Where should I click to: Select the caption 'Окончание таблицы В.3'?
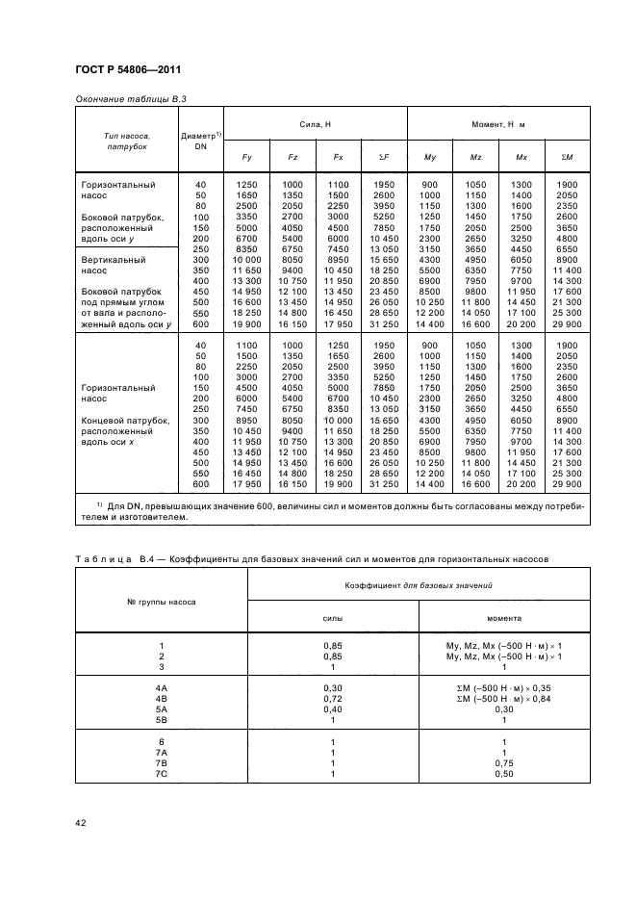coord(130,99)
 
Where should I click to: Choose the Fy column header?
coord(245,156)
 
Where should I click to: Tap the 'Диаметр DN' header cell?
coord(201,141)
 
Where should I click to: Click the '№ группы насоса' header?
coord(162,603)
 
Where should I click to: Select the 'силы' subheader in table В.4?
coord(332,620)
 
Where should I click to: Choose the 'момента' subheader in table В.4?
coord(504,620)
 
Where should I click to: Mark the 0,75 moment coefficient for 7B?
coord(504,763)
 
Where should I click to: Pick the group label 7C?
coord(162,774)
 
